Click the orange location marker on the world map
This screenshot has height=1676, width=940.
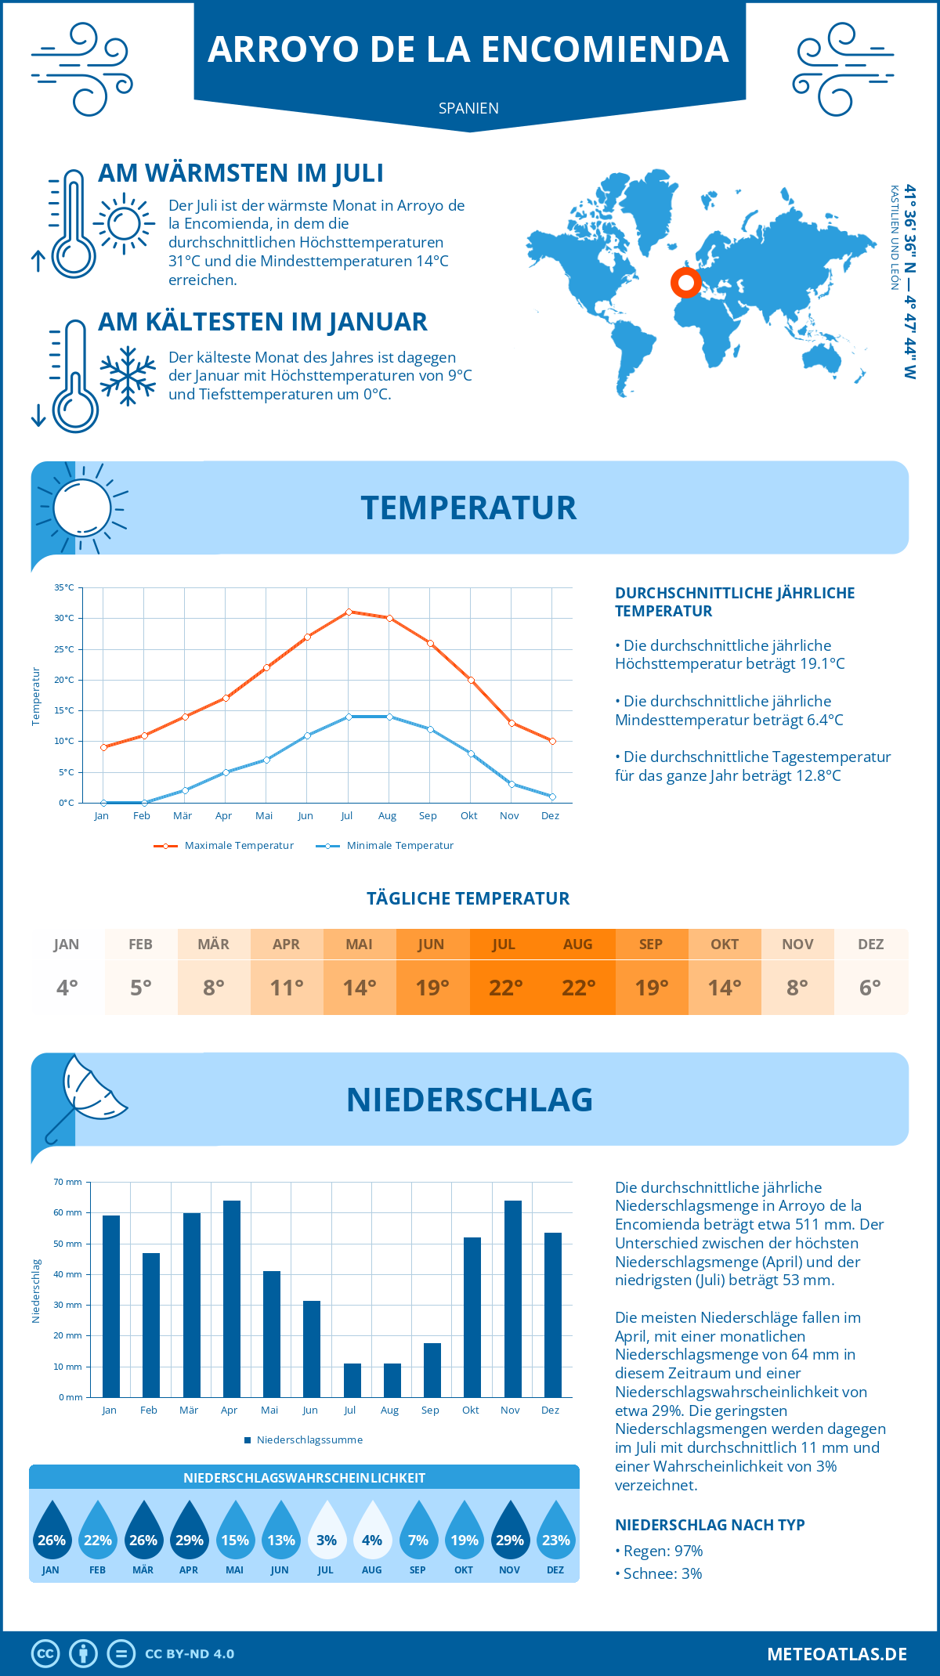(x=685, y=282)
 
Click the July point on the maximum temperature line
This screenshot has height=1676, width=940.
(x=349, y=612)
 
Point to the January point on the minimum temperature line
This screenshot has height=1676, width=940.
(x=103, y=803)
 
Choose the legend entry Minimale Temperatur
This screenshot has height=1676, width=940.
(x=385, y=846)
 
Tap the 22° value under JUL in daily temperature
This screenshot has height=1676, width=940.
(x=505, y=988)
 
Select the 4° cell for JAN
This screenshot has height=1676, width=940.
(x=67, y=988)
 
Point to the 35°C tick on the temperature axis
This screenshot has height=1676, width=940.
(x=64, y=587)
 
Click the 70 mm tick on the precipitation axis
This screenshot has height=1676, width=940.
(x=67, y=1182)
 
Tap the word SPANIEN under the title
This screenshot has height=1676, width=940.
(x=468, y=108)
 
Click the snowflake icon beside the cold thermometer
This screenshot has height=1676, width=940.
(x=128, y=376)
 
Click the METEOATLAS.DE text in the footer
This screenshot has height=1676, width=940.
(x=837, y=1654)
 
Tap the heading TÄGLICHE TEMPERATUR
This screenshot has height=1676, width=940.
(x=468, y=898)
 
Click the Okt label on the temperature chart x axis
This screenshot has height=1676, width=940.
(x=468, y=816)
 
